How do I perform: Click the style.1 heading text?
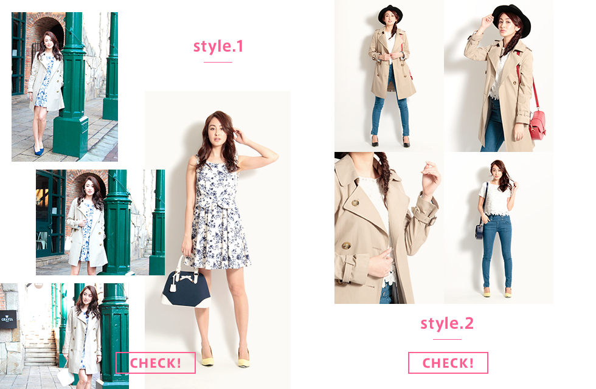(x=218, y=47)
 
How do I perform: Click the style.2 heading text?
(x=447, y=323)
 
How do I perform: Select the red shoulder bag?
(x=536, y=124)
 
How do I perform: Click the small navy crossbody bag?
(x=479, y=232)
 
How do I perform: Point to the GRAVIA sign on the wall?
(x=8, y=319)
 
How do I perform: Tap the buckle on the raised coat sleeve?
(x=433, y=219)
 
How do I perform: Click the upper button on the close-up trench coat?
(x=355, y=203)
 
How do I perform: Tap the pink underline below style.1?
(x=218, y=62)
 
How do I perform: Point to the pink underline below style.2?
(x=447, y=339)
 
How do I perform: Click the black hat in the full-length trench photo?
(x=390, y=15)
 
